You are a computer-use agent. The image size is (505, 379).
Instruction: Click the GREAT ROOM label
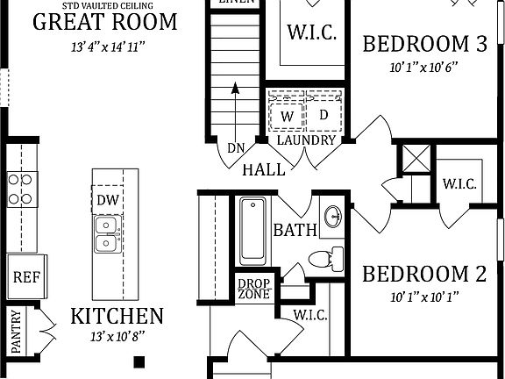pyautogui.click(x=104, y=22)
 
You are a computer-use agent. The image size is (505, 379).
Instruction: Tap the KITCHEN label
pyautogui.click(x=117, y=316)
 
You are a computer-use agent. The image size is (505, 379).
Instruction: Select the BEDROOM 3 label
pyautogui.click(x=424, y=44)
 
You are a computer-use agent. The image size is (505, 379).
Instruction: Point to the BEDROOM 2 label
pyautogui.click(x=424, y=275)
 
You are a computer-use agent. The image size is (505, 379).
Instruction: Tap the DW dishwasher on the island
pyautogui.click(x=108, y=200)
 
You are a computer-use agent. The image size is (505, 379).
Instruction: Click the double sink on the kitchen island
pyautogui.click(x=108, y=232)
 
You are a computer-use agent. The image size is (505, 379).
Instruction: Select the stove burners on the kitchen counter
pyautogui.click(x=21, y=189)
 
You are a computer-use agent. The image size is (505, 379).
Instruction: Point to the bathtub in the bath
pyautogui.click(x=252, y=230)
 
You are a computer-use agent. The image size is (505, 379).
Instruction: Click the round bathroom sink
pyautogui.click(x=332, y=217)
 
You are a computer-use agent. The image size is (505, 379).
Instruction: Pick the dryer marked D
pyautogui.click(x=323, y=115)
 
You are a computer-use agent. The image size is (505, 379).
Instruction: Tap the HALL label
pyautogui.click(x=264, y=169)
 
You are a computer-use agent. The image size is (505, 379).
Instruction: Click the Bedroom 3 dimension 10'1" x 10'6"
pyautogui.click(x=424, y=66)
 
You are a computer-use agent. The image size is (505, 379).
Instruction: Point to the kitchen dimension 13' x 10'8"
pyautogui.click(x=117, y=336)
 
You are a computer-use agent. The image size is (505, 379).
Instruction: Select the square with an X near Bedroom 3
pyautogui.click(x=412, y=159)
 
